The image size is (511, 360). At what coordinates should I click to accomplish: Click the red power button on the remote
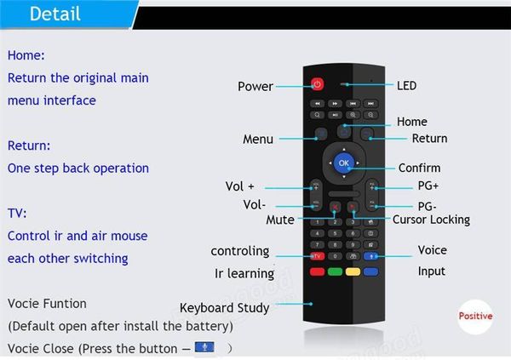click(317, 84)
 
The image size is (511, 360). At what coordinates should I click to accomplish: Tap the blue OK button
click(344, 163)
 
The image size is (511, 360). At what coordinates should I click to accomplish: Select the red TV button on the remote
click(317, 256)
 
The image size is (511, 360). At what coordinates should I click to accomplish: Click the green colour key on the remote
click(335, 271)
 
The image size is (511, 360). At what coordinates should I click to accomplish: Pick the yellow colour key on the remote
click(353, 271)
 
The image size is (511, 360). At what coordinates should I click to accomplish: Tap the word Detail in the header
click(55, 14)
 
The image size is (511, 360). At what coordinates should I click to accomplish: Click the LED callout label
click(406, 86)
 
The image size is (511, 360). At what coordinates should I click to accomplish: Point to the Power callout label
click(255, 86)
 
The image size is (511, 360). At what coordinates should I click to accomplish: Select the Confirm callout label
click(419, 168)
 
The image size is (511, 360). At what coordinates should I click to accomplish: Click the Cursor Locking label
click(431, 220)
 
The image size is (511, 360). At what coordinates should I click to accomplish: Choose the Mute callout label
click(280, 220)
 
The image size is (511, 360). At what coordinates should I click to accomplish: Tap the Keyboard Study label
click(225, 308)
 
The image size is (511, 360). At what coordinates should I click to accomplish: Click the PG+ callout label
click(428, 186)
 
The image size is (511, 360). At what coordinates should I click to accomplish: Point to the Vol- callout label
click(254, 205)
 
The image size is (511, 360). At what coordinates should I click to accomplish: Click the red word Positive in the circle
click(475, 316)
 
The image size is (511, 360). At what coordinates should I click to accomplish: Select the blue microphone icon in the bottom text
click(204, 347)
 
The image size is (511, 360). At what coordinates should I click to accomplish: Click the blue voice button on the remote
click(370, 256)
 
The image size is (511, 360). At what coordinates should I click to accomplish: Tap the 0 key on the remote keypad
click(335, 256)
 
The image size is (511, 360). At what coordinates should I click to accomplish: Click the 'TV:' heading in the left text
click(17, 214)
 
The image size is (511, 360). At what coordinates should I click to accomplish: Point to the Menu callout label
click(258, 139)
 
